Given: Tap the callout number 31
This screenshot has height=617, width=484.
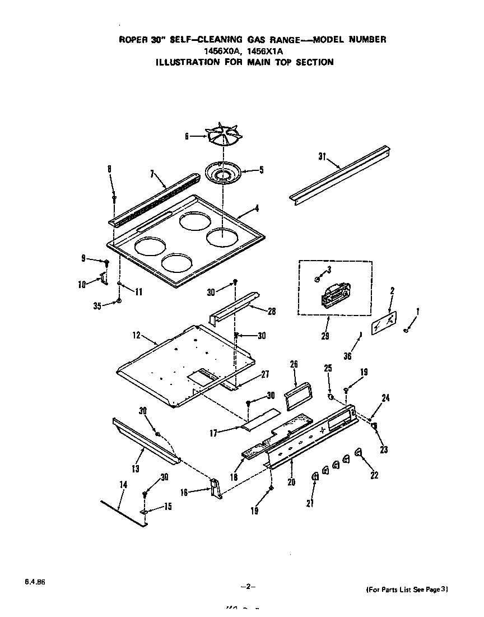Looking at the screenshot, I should pyautogui.click(x=322, y=156).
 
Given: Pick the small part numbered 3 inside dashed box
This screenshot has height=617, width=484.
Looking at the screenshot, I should pyautogui.click(x=318, y=279).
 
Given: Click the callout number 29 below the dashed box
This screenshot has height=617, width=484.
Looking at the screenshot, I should pyautogui.click(x=325, y=336).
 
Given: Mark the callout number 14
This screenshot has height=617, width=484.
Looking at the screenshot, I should pyautogui.click(x=123, y=484).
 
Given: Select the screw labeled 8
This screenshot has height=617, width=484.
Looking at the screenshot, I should pyautogui.click(x=114, y=197).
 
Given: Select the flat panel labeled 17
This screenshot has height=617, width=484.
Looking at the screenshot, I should pyautogui.click(x=260, y=419).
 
